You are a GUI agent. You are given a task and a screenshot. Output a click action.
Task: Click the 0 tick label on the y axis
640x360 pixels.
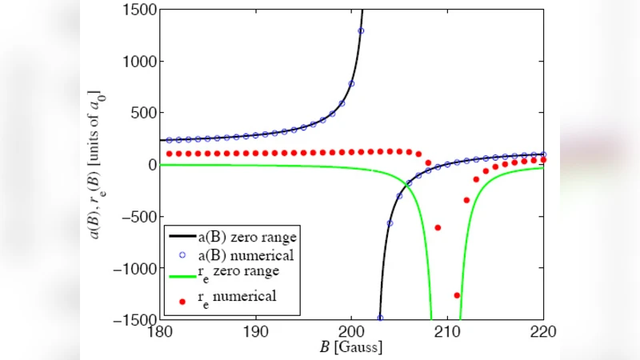(150, 165)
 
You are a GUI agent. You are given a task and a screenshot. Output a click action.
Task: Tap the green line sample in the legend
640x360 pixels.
(181, 274)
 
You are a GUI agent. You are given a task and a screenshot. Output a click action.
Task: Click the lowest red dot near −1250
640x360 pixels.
(457, 295)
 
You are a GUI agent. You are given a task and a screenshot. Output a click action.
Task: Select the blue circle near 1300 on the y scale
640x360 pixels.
(361, 31)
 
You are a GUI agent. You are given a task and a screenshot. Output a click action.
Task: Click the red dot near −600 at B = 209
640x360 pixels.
(438, 227)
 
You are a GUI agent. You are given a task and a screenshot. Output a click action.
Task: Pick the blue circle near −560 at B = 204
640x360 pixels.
(390, 223)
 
